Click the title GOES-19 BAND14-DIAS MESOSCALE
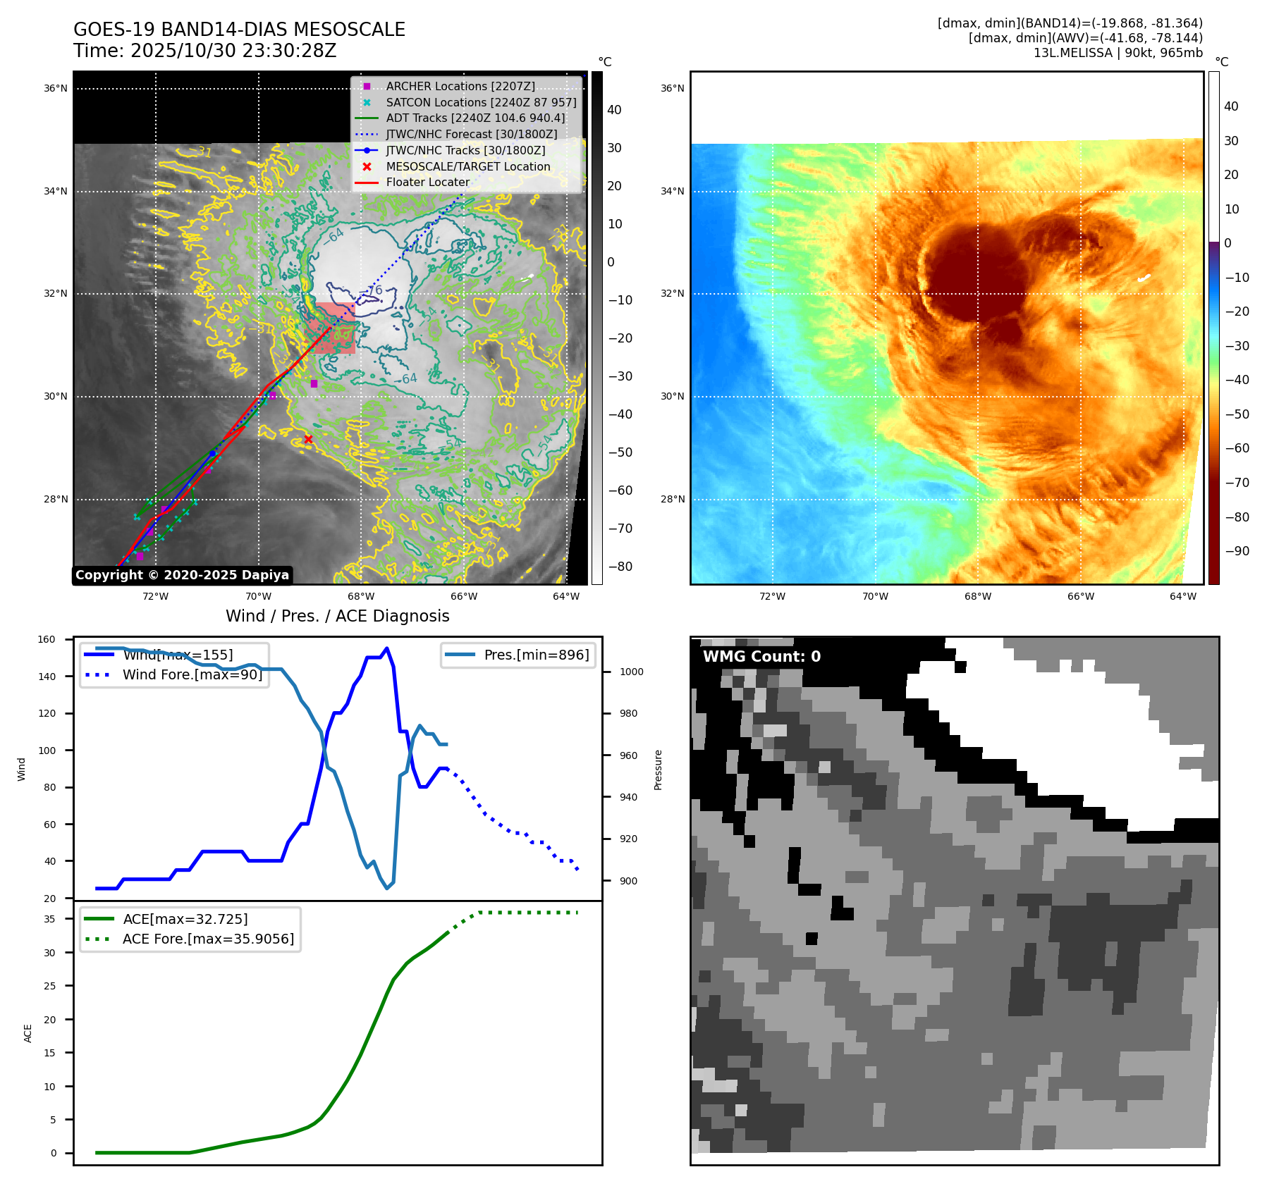coord(239,30)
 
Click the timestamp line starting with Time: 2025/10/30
coord(204,51)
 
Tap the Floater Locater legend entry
coord(427,182)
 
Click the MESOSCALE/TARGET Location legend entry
coord(467,166)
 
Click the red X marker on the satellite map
coord(308,439)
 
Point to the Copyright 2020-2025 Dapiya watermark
coord(182,575)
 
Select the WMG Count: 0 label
coord(761,657)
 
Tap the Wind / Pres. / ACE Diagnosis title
coord(337,616)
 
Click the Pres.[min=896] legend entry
coord(536,655)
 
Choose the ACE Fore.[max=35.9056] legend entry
coord(208,939)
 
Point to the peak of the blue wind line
coord(386,648)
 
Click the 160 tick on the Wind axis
coord(47,640)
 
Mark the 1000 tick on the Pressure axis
coord(631,672)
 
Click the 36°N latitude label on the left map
coord(56,89)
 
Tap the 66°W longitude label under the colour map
coord(1080,596)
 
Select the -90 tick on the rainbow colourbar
coord(1237,551)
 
